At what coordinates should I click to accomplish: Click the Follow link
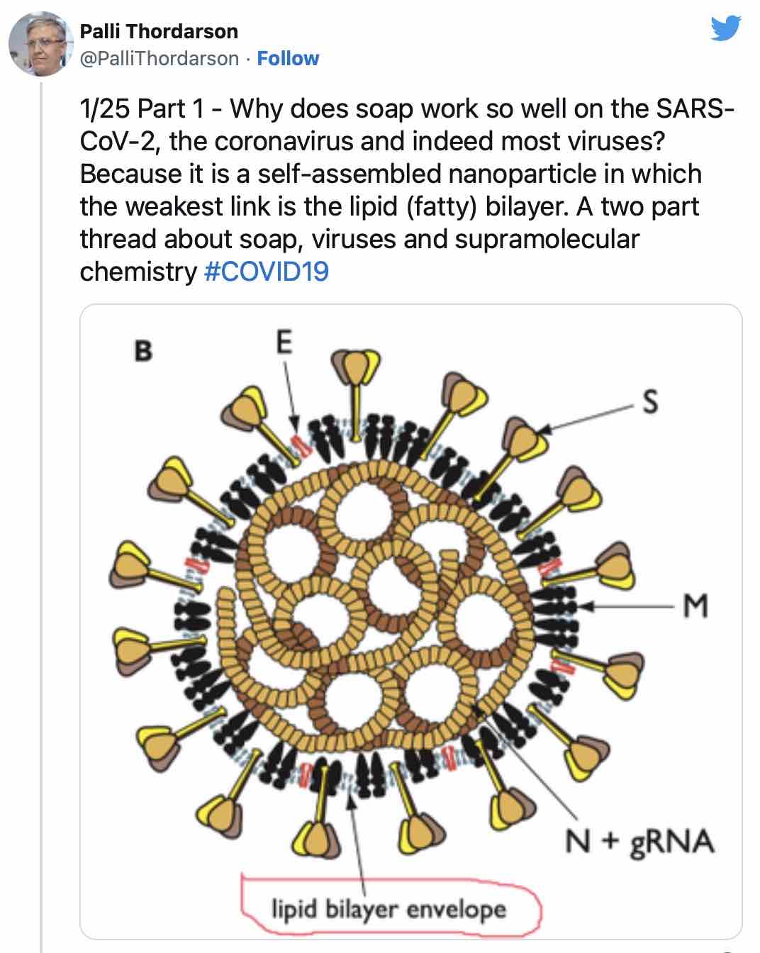pyautogui.click(x=288, y=58)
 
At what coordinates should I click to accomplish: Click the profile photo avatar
pyautogui.click(x=40, y=44)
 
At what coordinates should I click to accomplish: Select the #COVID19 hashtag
pyautogui.click(x=266, y=272)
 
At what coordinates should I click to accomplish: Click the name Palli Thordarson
pyautogui.click(x=159, y=31)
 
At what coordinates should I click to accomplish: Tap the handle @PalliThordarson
pyautogui.click(x=160, y=58)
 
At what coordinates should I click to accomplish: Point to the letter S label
pyautogui.click(x=650, y=401)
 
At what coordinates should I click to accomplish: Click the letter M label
pyautogui.click(x=695, y=606)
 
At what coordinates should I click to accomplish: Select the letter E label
pyautogui.click(x=284, y=342)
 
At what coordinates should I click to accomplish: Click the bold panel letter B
pyautogui.click(x=143, y=351)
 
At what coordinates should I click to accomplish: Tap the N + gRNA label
pyautogui.click(x=640, y=842)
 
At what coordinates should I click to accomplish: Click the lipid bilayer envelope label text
pyautogui.click(x=389, y=910)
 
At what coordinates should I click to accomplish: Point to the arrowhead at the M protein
pyautogui.click(x=586, y=606)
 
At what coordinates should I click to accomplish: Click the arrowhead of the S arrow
pyautogui.click(x=546, y=429)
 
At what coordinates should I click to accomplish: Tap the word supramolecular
pyautogui.click(x=547, y=239)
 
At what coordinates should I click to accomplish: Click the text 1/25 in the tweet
pyautogui.click(x=105, y=108)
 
